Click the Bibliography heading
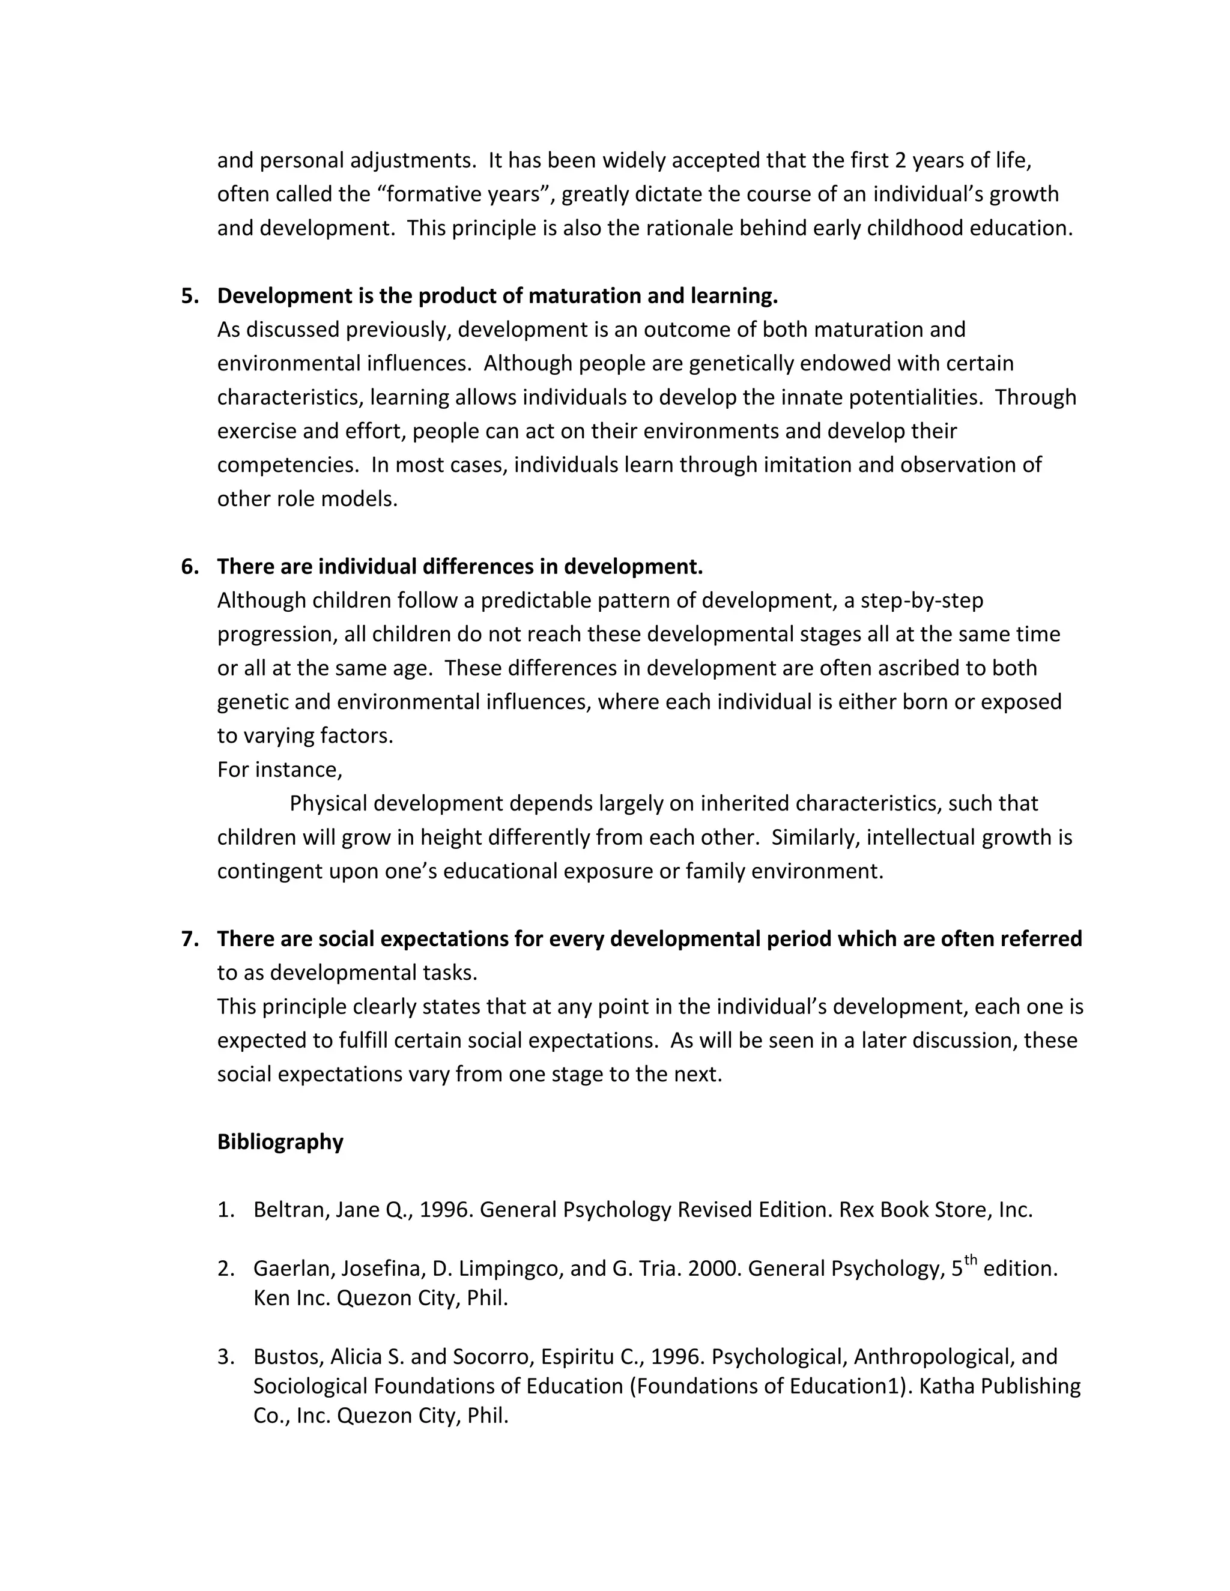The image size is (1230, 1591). [x=280, y=1141]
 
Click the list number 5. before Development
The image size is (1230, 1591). [x=189, y=296]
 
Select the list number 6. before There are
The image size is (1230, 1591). [x=189, y=566]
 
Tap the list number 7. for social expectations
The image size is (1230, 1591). [x=189, y=938]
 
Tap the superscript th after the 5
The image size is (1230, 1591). [x=971, y=1260]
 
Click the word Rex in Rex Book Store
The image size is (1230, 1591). [x=857, y=1209]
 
